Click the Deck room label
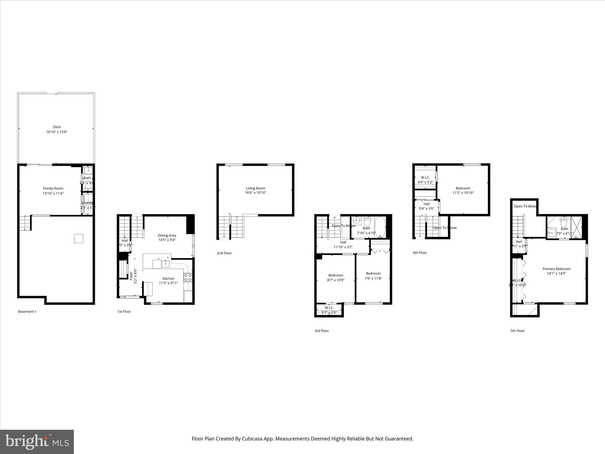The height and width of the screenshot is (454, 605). (x=57, y=127)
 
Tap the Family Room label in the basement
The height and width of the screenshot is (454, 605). (x=53, y=188)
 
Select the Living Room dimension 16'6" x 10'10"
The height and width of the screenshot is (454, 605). (x=256, y=193)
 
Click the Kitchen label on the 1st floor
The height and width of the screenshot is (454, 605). (x=168, y=278)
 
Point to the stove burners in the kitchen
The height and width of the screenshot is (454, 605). (x=188, y=277)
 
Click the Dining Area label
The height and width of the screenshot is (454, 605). (x=167, y=235)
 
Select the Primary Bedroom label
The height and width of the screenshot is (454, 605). (x=556, y=269)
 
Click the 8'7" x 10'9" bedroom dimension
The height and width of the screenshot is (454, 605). (x=336, y=280)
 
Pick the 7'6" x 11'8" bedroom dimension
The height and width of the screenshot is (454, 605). (x=373, y=278)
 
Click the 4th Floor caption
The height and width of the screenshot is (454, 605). (x=419, y=253)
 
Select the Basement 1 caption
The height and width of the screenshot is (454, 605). (x=27, y=312)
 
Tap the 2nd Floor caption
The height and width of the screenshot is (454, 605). (x=224, y=253)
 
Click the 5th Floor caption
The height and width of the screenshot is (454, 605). (x=517, y=331)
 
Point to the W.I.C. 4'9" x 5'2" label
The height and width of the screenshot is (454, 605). (x=425, y=180)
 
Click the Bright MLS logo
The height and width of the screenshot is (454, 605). (x=37, y=442)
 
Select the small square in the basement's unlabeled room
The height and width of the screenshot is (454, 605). (x=78, y=238)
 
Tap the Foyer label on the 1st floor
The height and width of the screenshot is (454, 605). (x=131, y=276)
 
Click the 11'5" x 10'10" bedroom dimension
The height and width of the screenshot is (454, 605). (x=463, y=193)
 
